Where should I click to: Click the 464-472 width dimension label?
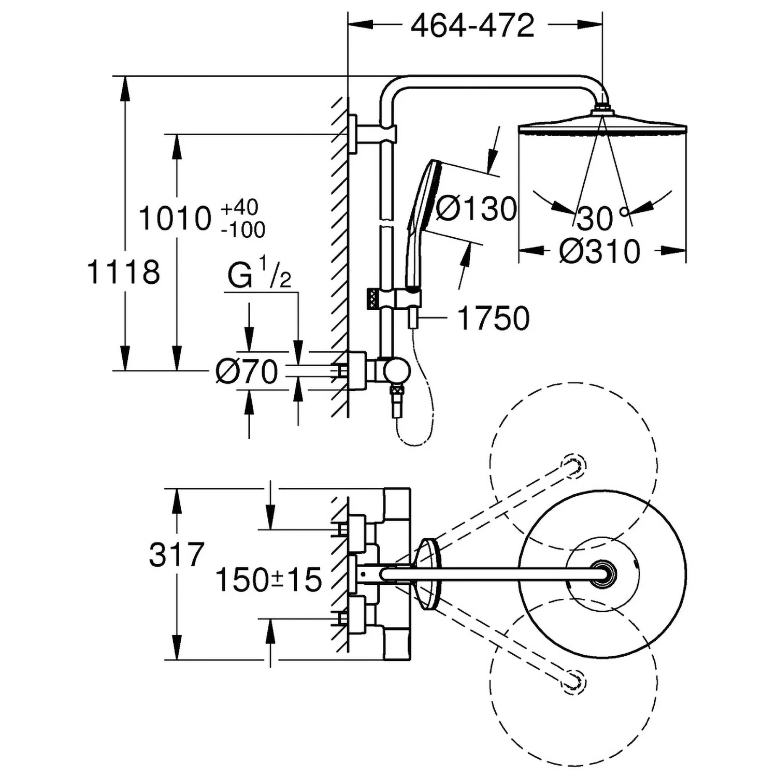point(472,25)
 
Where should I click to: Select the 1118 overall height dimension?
point(123,272)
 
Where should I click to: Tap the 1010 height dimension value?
point(176,218)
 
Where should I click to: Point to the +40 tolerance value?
point(240,207)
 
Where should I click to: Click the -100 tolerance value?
point(243,229)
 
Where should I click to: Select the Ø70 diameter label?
point(247,371)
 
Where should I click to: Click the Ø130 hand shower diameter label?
point(476,209)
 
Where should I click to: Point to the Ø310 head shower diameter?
point(600,252)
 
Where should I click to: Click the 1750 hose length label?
point(494,318)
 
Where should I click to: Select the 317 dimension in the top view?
point(177,554)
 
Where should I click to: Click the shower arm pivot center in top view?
point(602,574)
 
